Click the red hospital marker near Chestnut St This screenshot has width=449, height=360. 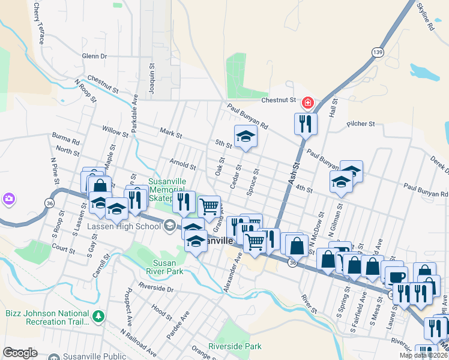click(308, 104)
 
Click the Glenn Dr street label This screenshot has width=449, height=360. click(94, 56)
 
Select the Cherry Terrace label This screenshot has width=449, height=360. click(39, 23)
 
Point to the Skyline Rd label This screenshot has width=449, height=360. click(425, 17)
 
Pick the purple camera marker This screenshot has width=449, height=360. click(8, 198)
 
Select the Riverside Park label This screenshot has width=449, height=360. click(235, 346)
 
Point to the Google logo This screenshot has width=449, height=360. click(20, 353)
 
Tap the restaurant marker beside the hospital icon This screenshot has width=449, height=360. click(306, 124)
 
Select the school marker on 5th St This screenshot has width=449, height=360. click(245, 137)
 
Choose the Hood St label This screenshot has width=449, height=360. click(162, 310)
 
